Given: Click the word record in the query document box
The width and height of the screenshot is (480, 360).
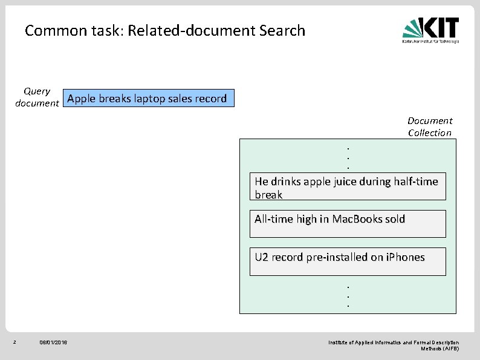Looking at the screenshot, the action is click(212, 98).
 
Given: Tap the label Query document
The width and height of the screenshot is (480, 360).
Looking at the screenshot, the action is click(37, 97).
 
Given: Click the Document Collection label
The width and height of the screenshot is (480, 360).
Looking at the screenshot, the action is click(429, 127).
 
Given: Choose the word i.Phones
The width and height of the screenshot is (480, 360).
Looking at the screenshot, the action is click(404, 257).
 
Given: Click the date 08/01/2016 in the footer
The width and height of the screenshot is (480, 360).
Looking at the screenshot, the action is click(53, 343).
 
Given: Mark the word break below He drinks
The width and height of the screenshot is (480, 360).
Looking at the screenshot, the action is click(268, 195).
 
